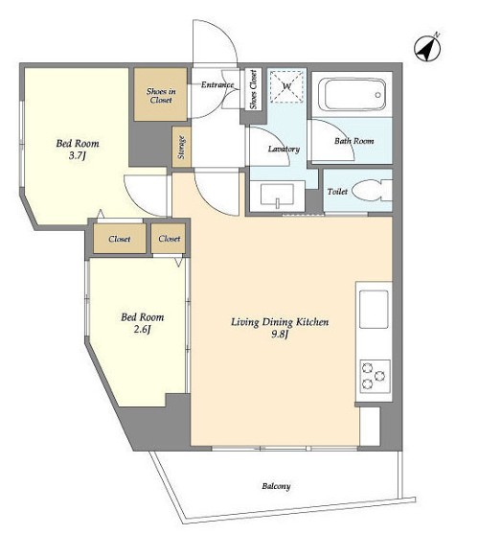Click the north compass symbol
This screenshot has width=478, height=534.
pyautogui.click(x=427, y=47)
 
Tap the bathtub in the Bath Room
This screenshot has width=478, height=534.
pyautogui.click(x=354, y=94)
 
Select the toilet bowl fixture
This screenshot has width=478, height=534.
pyautogui.click(x=372, y=191)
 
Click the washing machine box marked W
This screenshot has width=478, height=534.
pyautogui.click(x=286, y=86)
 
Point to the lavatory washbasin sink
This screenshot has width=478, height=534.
pyautogui.click(x=277, y=197)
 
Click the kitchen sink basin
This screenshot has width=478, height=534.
pyautogui.click(x=374, y=310)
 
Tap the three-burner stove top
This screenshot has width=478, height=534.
pyautogui.click(x=375, y=377)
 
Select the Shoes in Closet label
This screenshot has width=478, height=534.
pyautogui.click(x=161, y=96)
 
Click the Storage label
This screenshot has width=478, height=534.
pyautogui.click(x=181, y=148)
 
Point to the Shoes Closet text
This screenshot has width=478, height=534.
pyautogui.click(x=254, y=89)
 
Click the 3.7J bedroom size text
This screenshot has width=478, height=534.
pyautogui.click(x=78, y=156)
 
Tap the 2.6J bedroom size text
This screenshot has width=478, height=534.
pyautogui.click(x=142, y=330)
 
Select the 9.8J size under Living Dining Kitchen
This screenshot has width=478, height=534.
pyautogui.click(x=280, y=335)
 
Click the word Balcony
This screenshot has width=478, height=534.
pyautogui.click(x=276, y=486)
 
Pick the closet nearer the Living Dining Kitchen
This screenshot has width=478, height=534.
pyautogui.click(x=169, y=239)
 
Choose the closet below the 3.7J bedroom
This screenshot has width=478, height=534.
pyautogui.click(x=120, y=239)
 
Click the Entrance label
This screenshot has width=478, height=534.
pyautogui.click(x=217, y=84)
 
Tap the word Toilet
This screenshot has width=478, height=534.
pyautogui.click(x=337, y=192)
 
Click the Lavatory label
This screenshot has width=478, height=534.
pyautogui.click(x=284, y=150)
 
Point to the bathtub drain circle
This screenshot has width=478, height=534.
pyautogui.click(x=377, y=95)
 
